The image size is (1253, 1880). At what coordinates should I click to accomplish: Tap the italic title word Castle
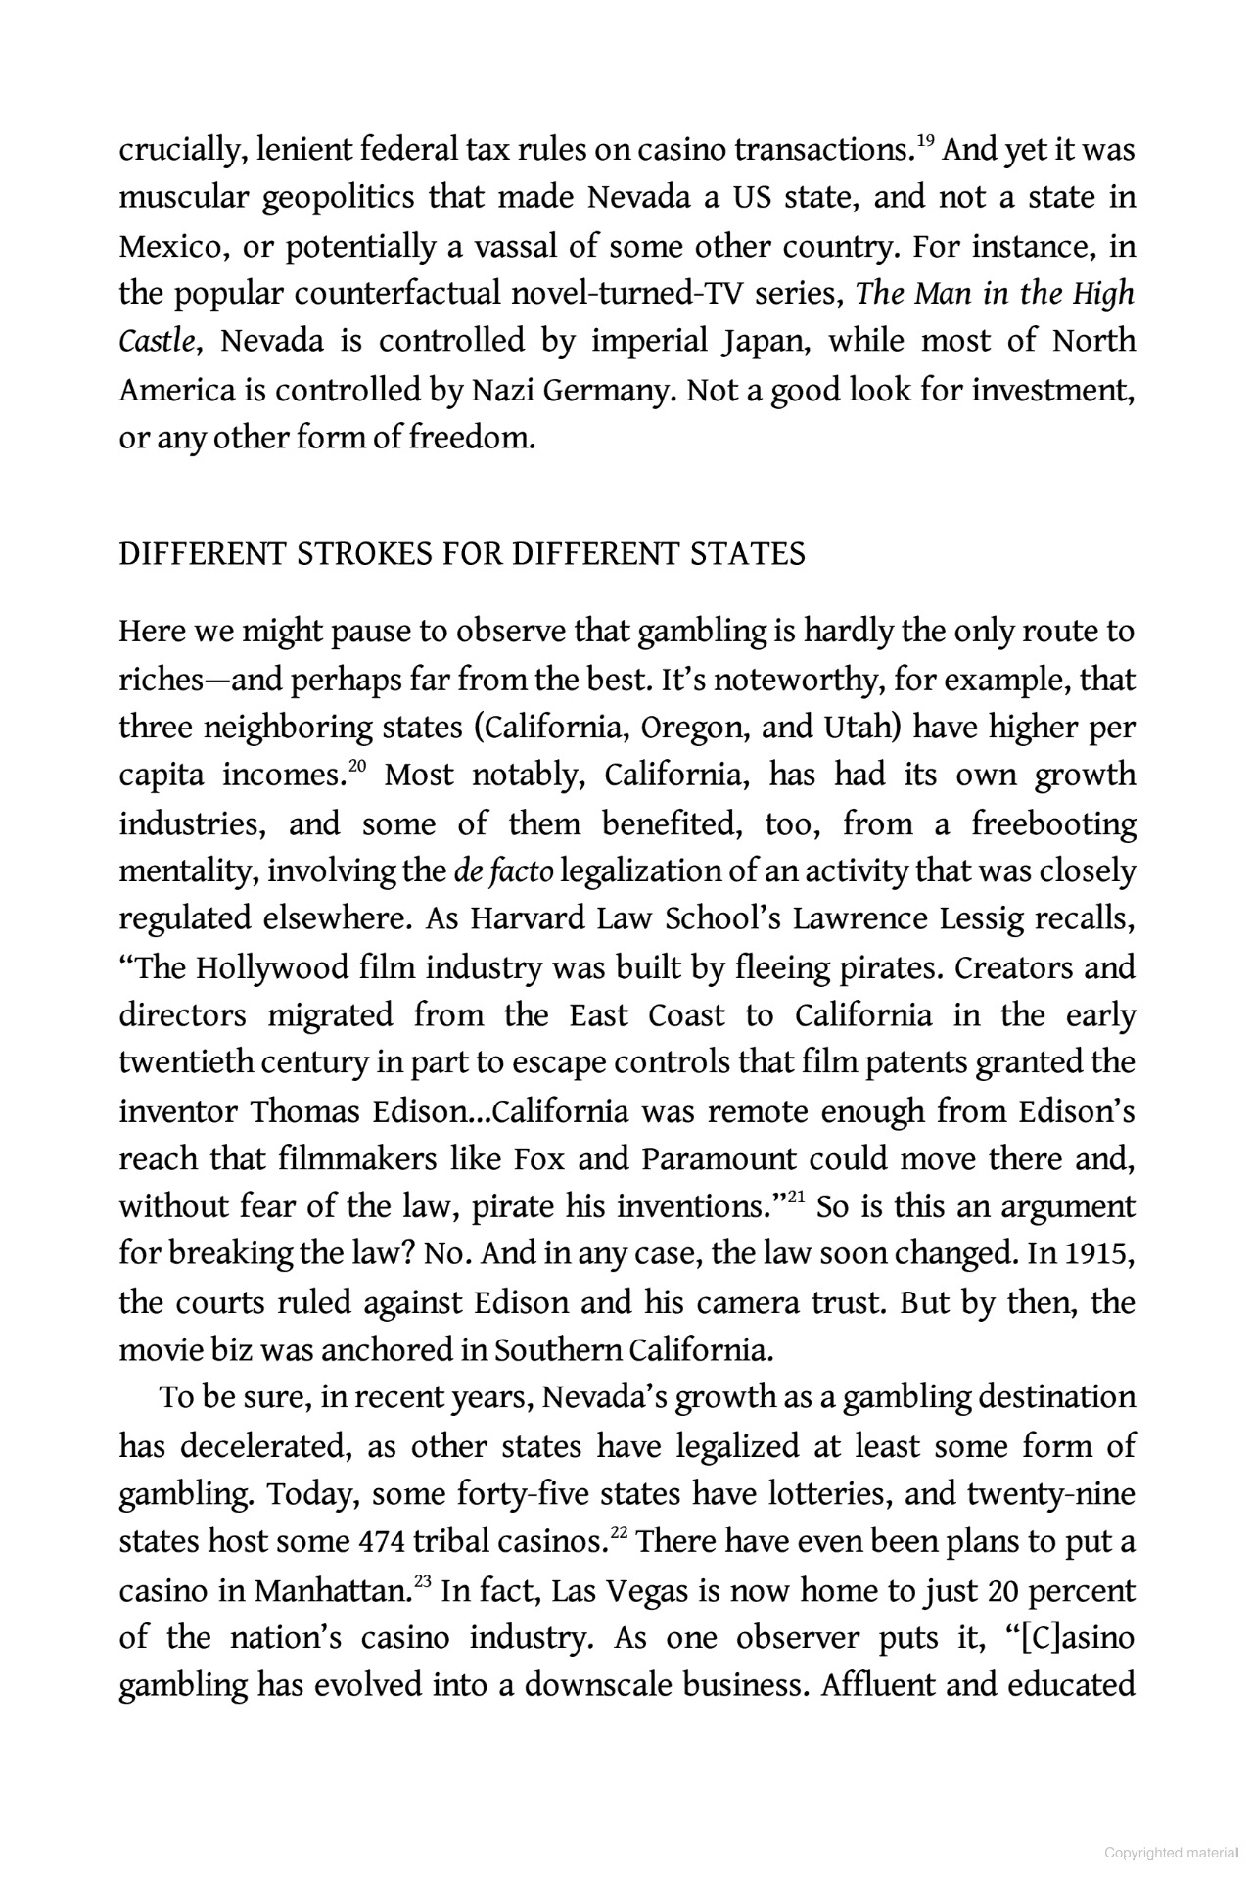160,342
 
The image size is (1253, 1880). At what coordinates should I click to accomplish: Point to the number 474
376,1542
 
